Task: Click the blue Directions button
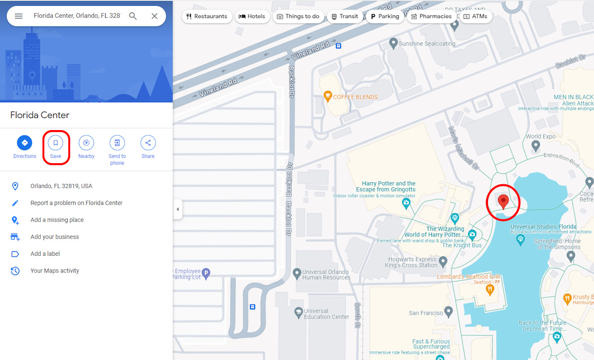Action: point(24,143)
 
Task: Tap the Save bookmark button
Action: point(56,143)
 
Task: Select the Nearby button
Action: point(86,143)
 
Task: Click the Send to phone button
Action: point(117,143)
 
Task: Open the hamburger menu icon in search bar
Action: point(19,16)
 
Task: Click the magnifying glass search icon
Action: point(133,16)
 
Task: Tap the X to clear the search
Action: point(154,16)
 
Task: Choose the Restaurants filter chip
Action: point(207,16)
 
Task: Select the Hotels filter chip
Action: point(252,16)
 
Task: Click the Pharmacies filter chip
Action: point(431,16)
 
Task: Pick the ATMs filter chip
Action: point(475,16)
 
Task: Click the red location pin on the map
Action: point(503,201)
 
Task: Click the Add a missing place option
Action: point(57,220)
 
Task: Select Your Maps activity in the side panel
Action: point(55,271)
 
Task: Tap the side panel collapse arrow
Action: point(178,209)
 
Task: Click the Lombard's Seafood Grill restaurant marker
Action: point(490,289)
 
